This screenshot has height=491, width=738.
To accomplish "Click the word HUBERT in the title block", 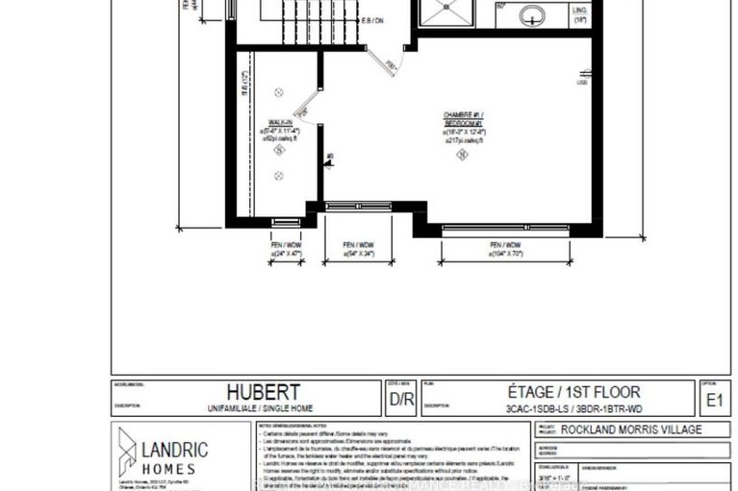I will (263, 392).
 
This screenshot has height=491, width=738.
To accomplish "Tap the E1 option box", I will (713, 398).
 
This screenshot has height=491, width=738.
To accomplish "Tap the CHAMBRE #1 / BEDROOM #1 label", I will (464, 120).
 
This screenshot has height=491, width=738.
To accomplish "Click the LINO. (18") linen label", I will (580, 13).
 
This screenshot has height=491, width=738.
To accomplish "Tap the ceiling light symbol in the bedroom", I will (463, 155).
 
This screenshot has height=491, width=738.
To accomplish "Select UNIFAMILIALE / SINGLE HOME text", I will (263, 407).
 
